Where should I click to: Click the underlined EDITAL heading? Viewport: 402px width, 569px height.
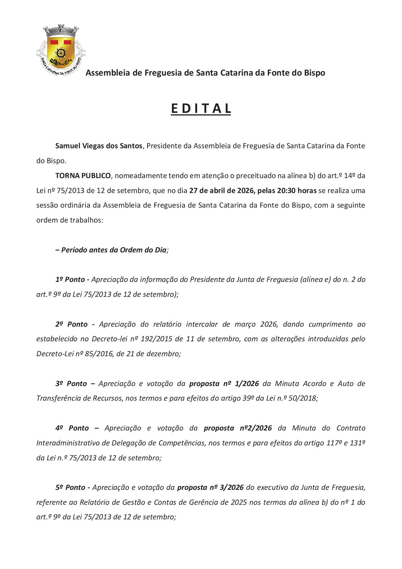[x=201, y=109]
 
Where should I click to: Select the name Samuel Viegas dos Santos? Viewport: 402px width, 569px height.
[x=99, y=146]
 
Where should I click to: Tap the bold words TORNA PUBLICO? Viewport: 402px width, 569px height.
[x=83, y=176]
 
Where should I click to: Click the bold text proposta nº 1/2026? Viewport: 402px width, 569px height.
[x=224, y=383]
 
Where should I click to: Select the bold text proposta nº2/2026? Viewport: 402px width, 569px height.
[x=238, y=428]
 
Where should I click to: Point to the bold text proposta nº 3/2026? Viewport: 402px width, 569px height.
[x=211, y=487]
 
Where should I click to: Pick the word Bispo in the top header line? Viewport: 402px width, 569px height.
[x=314, y=73]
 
